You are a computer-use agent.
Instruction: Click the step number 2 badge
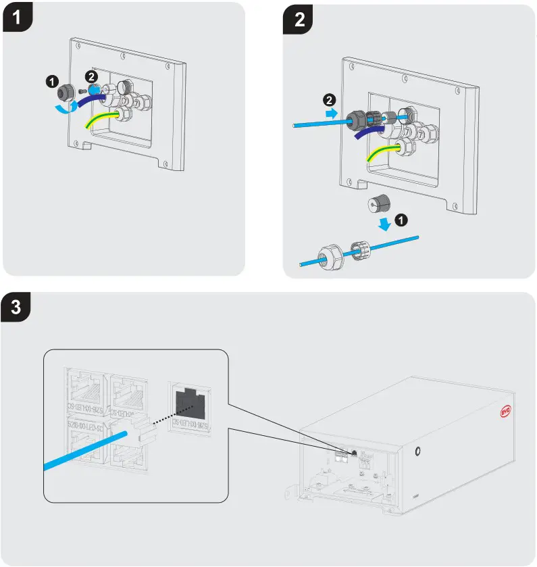click(x=300, y=18)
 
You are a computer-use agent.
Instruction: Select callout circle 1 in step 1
click(x=51, y=81)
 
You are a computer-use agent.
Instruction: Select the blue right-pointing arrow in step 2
click(x=331, y=115)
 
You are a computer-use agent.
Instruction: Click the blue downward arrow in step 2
click(x=385, y=224)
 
